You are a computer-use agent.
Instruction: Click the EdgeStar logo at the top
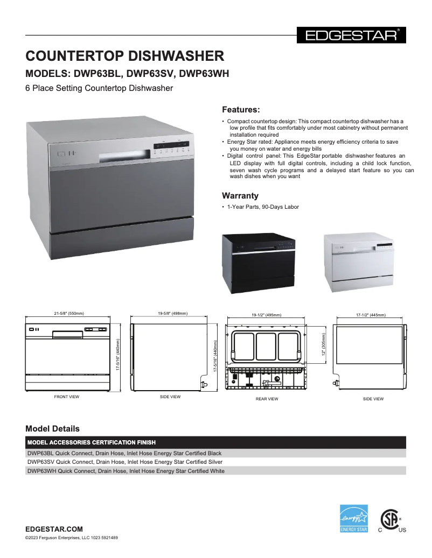pos(351,36)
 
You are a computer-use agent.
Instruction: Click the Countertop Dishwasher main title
pos(125,56)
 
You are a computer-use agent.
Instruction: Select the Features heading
pos(241,109)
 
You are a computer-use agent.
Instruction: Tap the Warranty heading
pos(240,195)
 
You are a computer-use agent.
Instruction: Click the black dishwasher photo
pos(259,263)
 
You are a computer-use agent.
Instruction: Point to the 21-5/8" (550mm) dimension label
pos(69,313)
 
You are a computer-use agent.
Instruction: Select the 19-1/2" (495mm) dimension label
pos(266,315)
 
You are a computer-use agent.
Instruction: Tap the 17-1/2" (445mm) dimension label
pos(371,315)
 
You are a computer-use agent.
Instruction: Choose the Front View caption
pos(67,397)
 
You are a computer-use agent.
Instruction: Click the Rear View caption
pos(267,399)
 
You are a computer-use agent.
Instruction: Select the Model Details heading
pos(52,429)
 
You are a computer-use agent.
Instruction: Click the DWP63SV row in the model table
pos(125,462)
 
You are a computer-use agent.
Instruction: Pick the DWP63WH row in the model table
pos(126,471)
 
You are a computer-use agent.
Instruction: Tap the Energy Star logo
pos(354,518)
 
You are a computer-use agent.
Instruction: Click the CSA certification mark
pos(391,520)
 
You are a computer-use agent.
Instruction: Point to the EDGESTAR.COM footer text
pos(54,529)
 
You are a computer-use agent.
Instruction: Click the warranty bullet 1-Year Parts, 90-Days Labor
pos(263,207)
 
